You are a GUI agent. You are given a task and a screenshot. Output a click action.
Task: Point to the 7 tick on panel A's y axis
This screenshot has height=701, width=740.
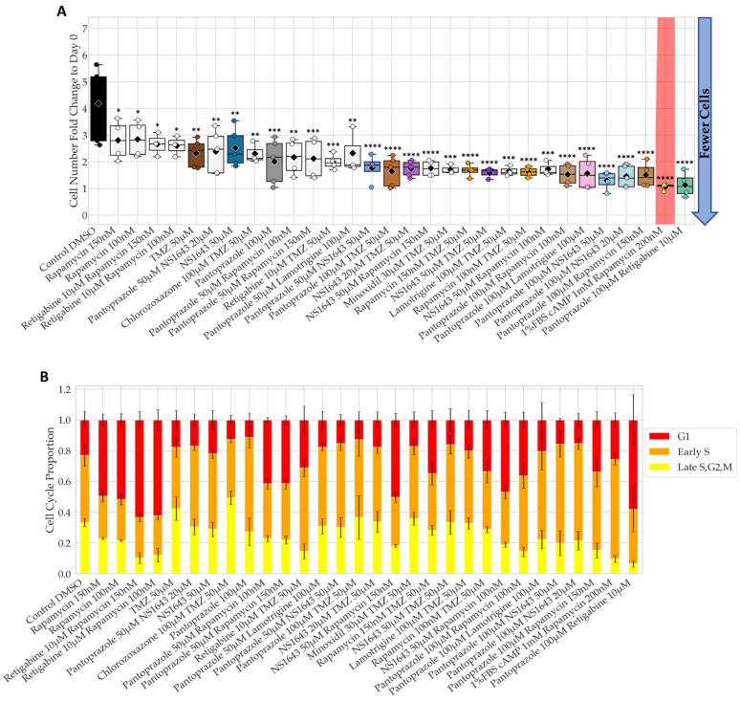click(x=58, y=28)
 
